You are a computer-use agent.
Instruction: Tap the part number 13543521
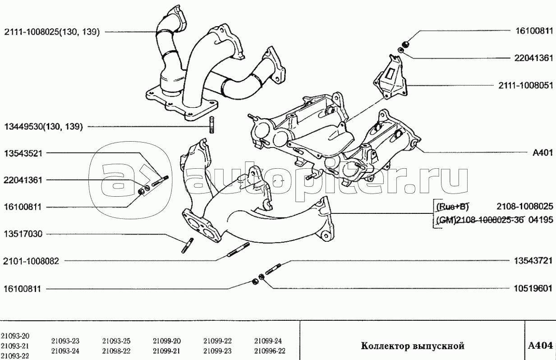pos(23,153)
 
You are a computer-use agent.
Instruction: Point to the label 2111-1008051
pos(526,86)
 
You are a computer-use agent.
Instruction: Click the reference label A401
pos(543,152)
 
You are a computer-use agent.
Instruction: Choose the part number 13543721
pos(533,261)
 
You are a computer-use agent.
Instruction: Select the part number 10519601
pos(533,289)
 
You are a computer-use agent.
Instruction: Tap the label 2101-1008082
pos(31,261)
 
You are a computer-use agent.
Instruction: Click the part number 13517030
pos(23,234)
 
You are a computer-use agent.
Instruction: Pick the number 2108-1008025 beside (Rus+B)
pos(525,207)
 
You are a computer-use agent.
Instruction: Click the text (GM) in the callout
pos(446,220)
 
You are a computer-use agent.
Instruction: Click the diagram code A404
pos(540,346)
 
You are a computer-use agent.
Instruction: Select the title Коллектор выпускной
pos(413,346)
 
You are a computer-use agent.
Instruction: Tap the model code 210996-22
pos(270,351)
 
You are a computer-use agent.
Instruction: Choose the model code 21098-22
pos(116,351)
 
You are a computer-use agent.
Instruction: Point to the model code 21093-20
pos(15,336)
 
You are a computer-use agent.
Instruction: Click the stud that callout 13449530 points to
pos(211,125)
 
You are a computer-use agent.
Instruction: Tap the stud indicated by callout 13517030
pos(188,245)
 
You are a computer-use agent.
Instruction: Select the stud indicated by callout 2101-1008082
pos(239,250)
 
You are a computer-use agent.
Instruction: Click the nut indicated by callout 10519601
pos(261,277)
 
